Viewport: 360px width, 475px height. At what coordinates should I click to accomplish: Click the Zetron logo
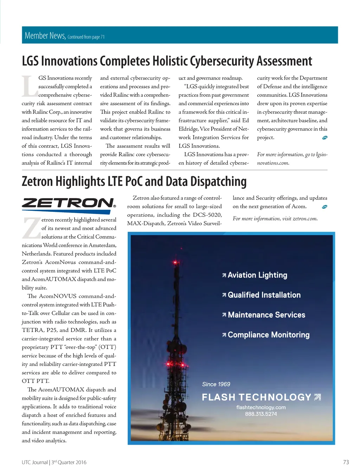pos(69,203)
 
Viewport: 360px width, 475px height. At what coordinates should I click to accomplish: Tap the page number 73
pos(346,462)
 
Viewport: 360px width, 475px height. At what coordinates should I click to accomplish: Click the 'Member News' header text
pos(45,36)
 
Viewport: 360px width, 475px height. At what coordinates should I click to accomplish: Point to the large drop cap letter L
pos(30,86)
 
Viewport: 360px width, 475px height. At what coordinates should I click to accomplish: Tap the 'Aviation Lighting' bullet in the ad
pos(257,275)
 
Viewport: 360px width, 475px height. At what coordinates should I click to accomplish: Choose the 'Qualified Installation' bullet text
pos(264,295)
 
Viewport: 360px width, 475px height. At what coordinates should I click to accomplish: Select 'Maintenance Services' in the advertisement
pos(266,315)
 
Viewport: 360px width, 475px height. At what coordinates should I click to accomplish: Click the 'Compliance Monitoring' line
pos(269,335)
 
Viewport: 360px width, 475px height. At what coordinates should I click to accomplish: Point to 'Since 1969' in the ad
pos(216,384)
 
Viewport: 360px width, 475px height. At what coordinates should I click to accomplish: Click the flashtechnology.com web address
pos(261,407)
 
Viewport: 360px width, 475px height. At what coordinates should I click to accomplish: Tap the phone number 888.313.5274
pos(261,414)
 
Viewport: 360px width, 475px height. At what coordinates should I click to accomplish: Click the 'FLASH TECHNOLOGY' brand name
pos(257,397)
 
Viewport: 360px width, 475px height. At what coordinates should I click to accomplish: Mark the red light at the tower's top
pos(175,262)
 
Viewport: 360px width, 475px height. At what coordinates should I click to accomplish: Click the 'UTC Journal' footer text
pos(34,462)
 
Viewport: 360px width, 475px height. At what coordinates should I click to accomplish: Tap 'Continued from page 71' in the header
pos(86,37)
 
